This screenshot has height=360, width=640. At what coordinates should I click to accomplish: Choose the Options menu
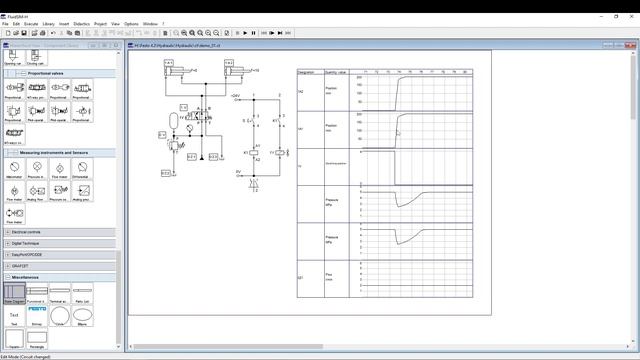131,23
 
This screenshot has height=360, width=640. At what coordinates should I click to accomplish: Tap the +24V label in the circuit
236,95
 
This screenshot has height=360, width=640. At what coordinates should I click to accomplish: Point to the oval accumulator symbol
174,119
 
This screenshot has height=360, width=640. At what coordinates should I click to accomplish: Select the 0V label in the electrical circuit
238,172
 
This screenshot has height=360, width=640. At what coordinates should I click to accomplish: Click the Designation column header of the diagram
306,72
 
